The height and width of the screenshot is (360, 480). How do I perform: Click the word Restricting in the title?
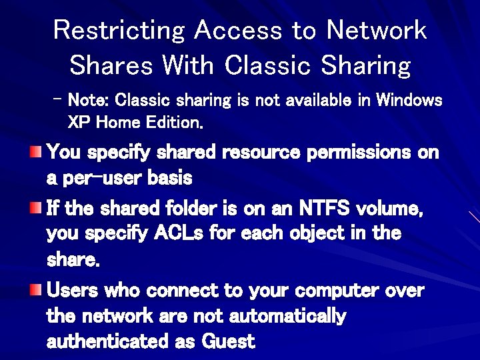click(119, 30)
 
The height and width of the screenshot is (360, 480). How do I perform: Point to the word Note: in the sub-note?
click(89, 101)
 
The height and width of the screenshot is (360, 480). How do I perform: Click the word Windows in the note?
click(409, 101)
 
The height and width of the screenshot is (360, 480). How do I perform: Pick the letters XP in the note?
click(79, 123)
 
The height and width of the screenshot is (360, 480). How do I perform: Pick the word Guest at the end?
click(228, 341)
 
